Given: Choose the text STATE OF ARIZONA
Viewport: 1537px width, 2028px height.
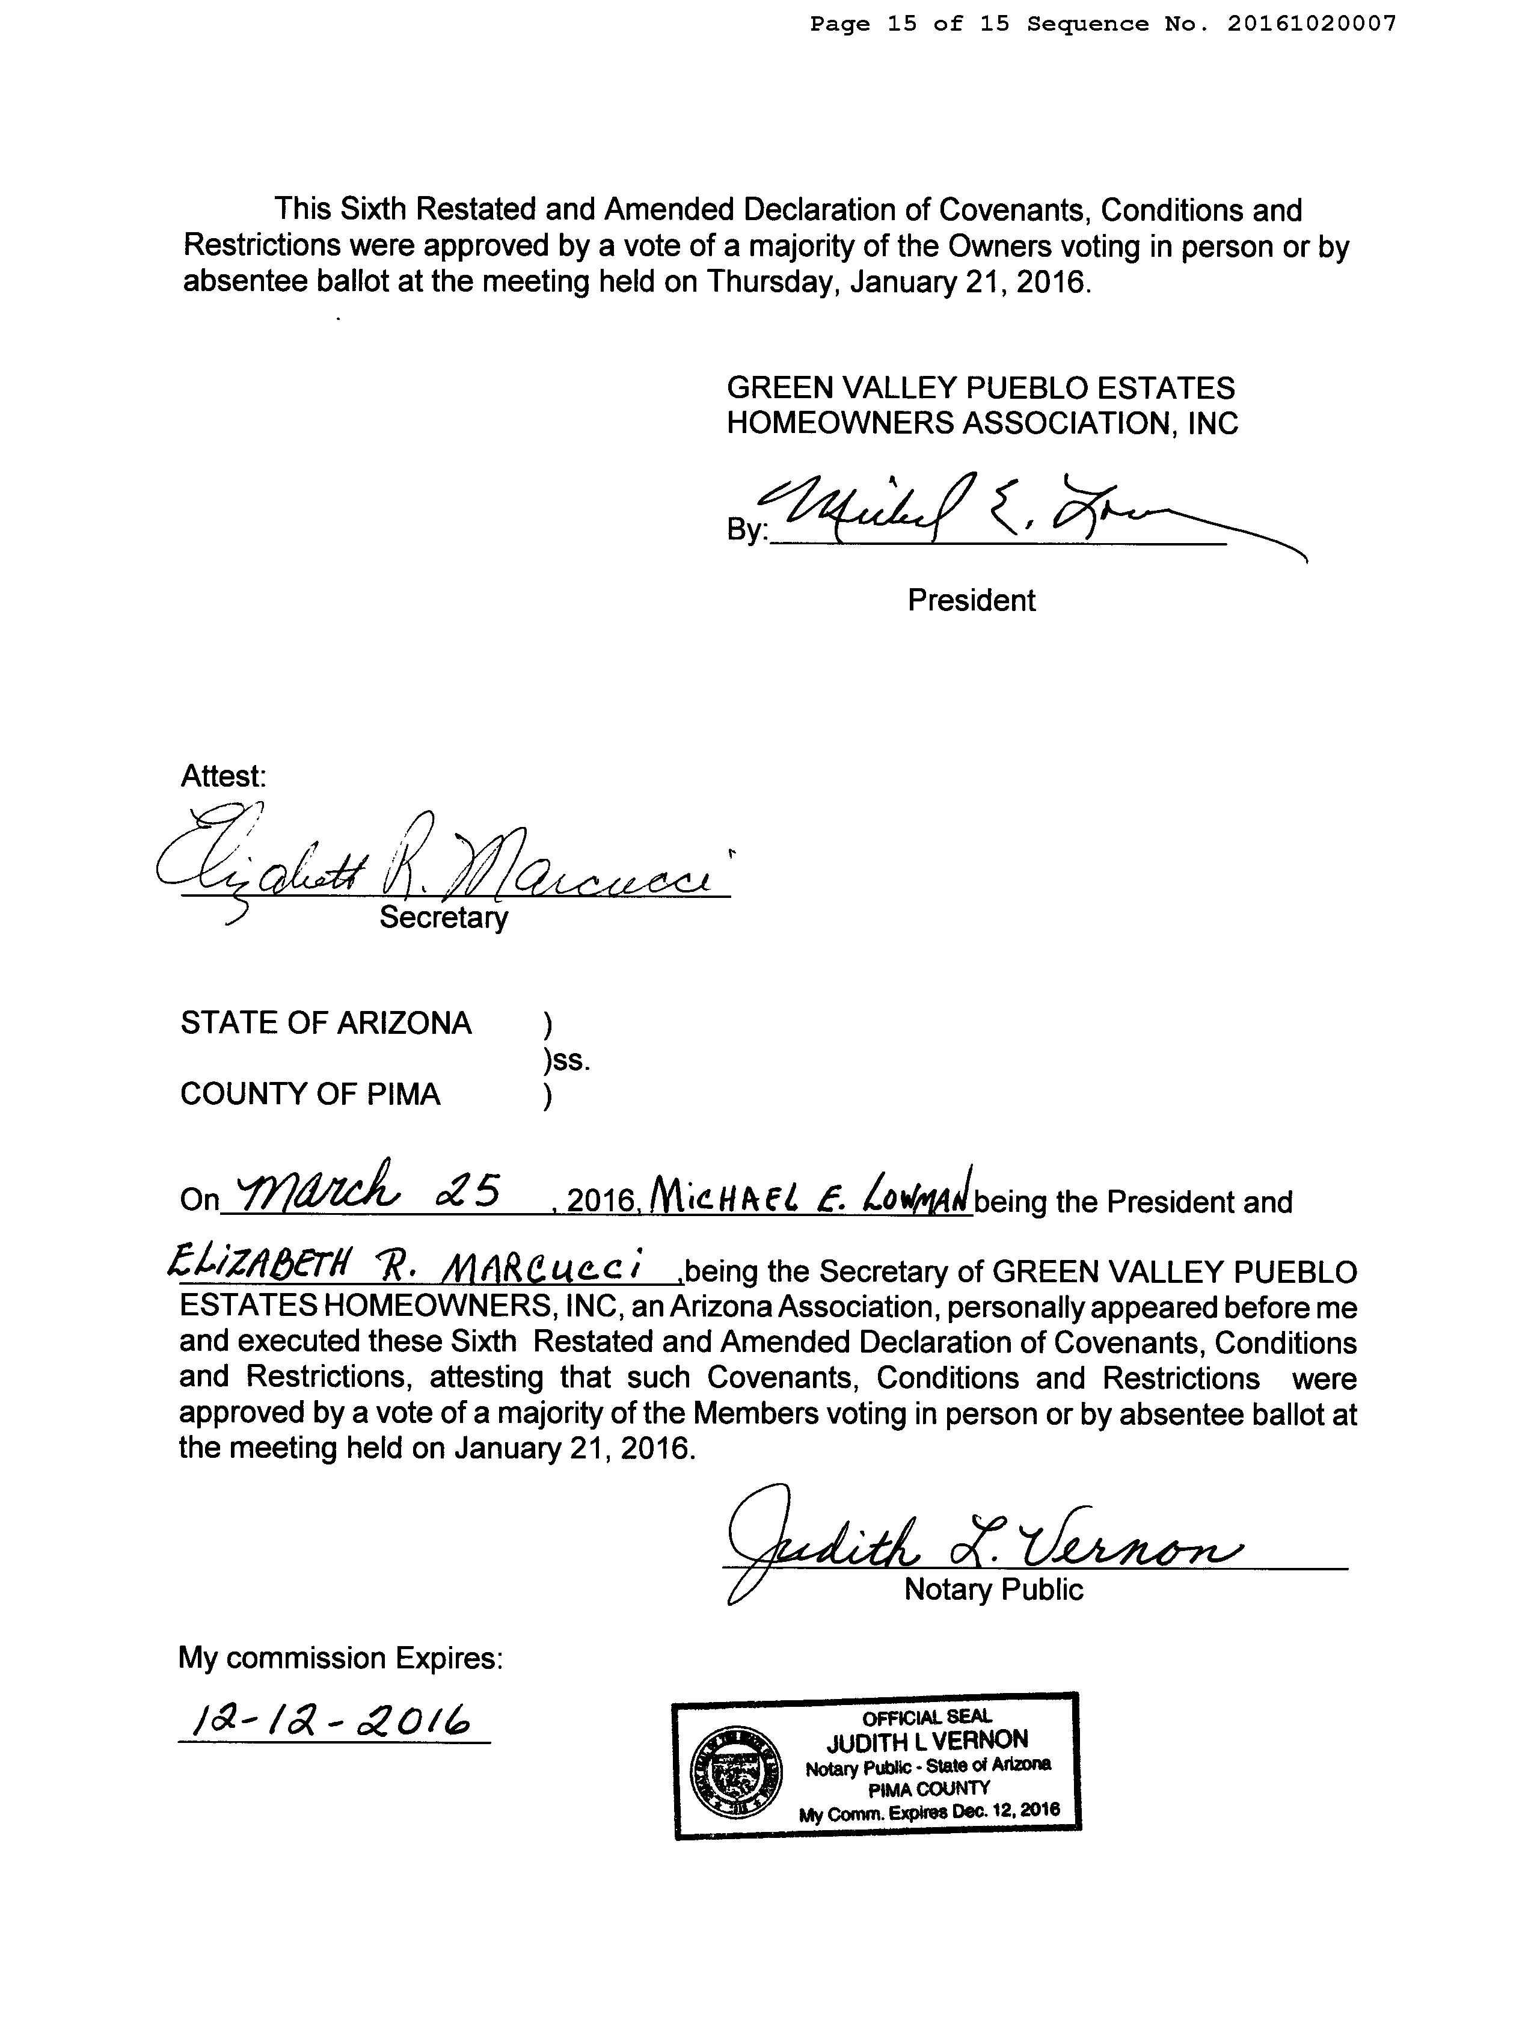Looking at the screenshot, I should pyautogui.click(x=325, y=1023).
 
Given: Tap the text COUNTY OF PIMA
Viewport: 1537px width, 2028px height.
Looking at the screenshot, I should pyautogui.click(x=310, y=1095).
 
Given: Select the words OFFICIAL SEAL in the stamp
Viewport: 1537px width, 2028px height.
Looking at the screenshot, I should pyautogui.click(x=927, y=1717).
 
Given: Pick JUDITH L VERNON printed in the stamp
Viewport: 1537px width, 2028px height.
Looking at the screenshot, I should pyautogui.click(x=927, y=1740).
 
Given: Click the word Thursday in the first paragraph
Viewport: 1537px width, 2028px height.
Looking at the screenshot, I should pyautogui.click(x=772, y=280).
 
